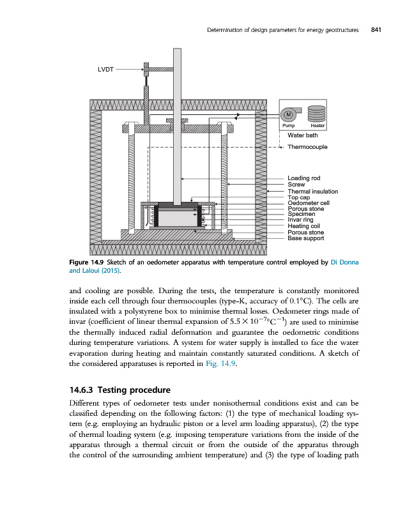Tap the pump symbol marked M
(x=289, y=115)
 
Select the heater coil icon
(x=318, y=115)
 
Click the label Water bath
(x=302, y=135)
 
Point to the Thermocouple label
(x=307, y=147)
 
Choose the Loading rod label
(x=303, y=178)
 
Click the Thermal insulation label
(x=312, y=191)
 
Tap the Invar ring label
(x=300, y=220)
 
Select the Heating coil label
(x=303, y=225)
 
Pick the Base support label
(x=305, y=238)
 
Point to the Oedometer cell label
(x=308, y=202)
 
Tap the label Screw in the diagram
(x=296, y=185)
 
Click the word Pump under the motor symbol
(x=288, y=126)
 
